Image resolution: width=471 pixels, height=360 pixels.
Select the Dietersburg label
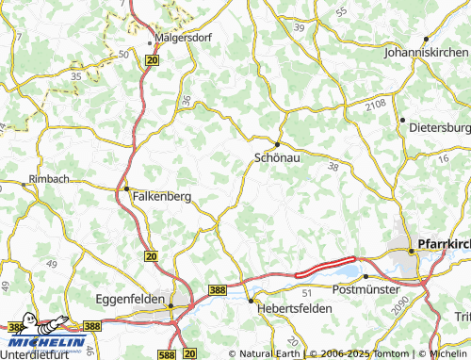[x=439, y=127]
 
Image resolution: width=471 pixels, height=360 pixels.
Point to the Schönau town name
[x=278, y=159]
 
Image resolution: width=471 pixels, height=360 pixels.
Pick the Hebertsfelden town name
[x=289, y=309]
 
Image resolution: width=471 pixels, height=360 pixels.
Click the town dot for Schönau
[x=277, y=143]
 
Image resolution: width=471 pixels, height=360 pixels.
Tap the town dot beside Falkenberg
[x=127, y=189]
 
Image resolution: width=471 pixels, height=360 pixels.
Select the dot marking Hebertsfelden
[x=251, y=301]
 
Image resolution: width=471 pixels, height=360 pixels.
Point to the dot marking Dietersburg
[x=402, y=121]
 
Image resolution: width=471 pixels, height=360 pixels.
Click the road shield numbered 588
[x=167, y=353]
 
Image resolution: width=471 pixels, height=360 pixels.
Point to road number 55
[x=340, y=11]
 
